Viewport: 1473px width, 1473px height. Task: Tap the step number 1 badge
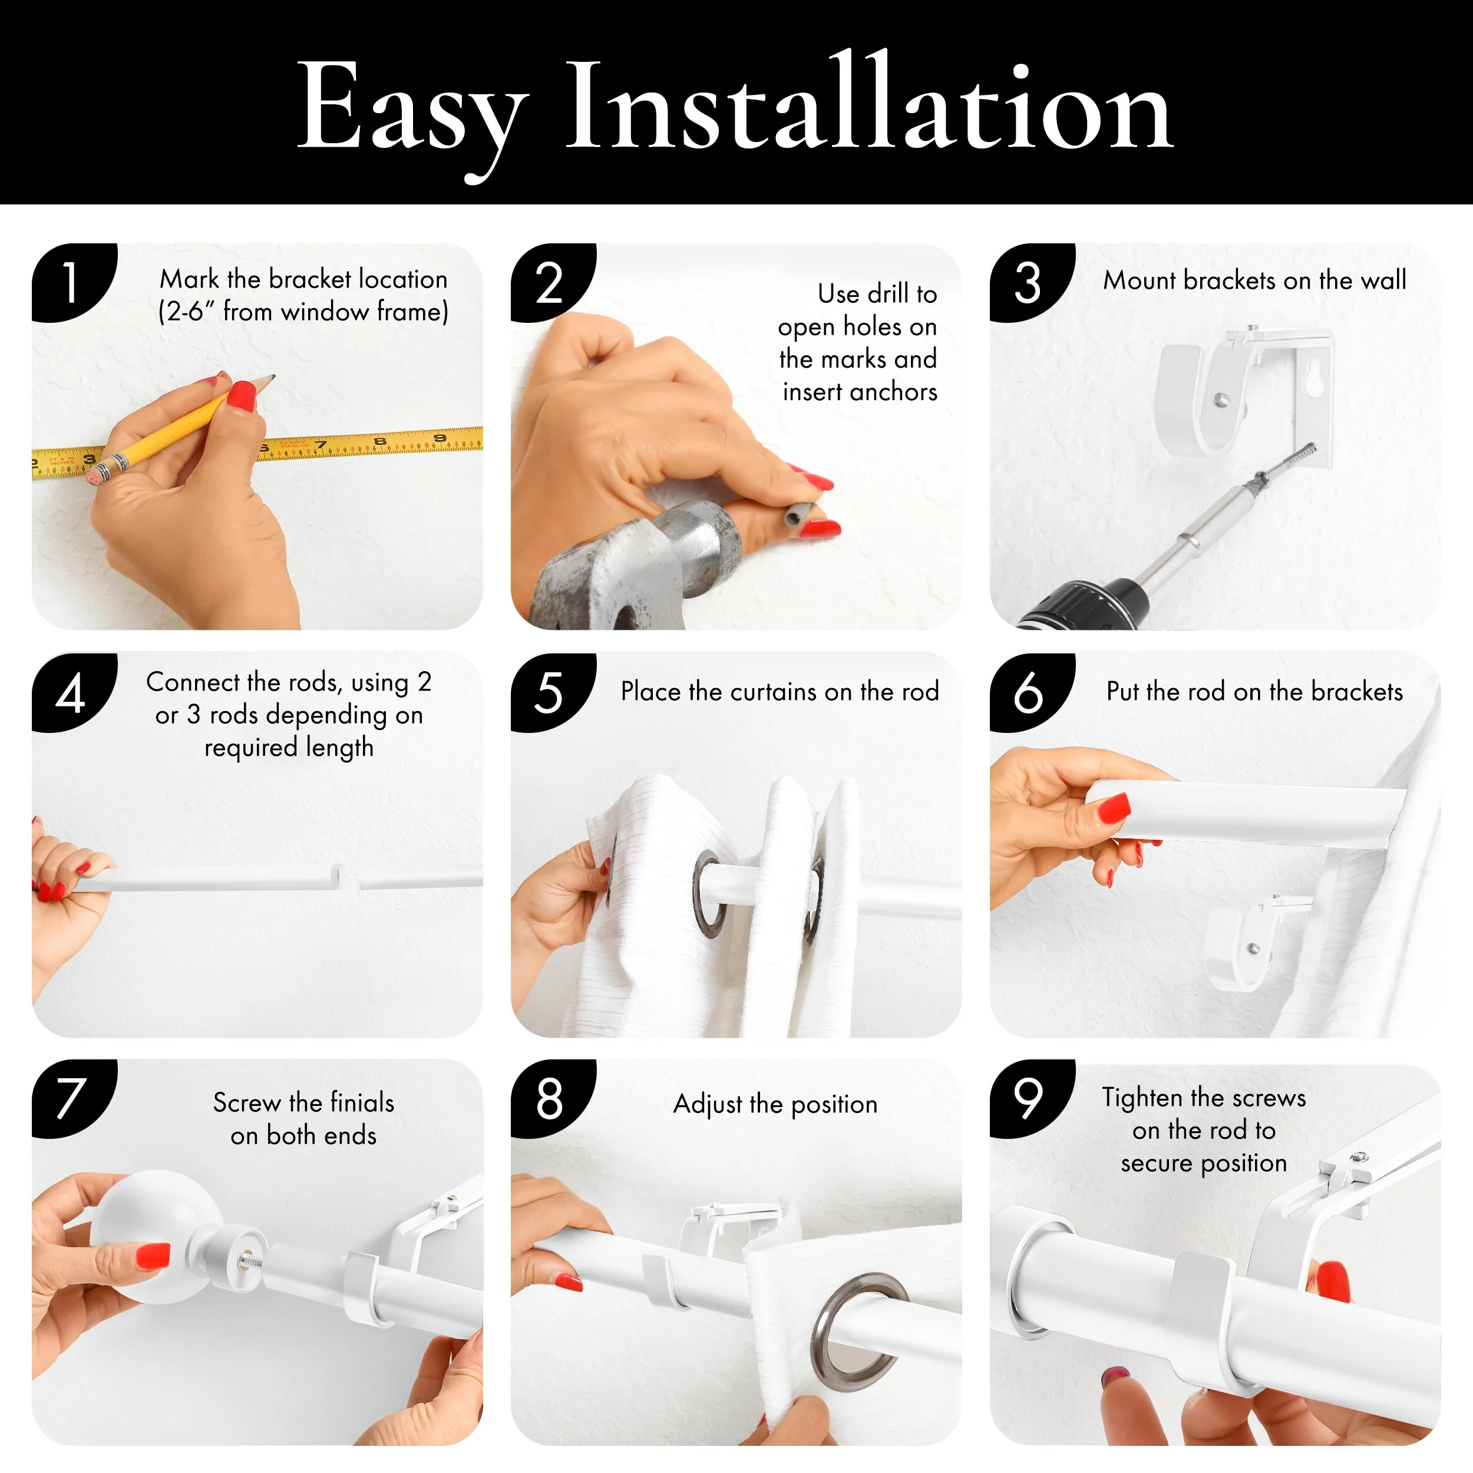click(x=73, y=283)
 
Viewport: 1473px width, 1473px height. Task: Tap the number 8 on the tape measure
click(x=379, y=441)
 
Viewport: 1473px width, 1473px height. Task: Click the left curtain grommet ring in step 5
click(x=708, y=891)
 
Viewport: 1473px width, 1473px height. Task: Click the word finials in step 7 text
click(x=362, y=1102)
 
